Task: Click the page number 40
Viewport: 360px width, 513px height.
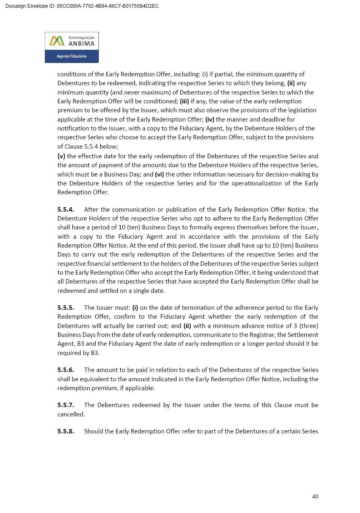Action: pos(315,496)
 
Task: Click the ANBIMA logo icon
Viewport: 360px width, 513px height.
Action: pos(57,41)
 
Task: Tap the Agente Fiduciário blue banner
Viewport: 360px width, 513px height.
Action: pos(71,56)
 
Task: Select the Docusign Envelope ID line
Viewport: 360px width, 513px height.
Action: pos(82,6)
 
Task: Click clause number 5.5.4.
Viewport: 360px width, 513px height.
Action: pos(66,210)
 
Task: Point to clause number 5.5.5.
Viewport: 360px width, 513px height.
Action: pos(66,308)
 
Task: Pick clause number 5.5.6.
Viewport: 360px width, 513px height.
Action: pos(66,370)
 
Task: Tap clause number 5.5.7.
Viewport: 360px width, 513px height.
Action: pos(66,405)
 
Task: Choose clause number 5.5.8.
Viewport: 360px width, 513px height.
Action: pos(66,431)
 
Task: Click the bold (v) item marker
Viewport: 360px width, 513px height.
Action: pos(61,156)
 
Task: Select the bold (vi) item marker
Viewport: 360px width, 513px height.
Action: pos(159,175)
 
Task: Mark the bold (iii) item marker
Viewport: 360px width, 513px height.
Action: pos(184,101)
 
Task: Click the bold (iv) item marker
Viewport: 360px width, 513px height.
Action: pos(210,120)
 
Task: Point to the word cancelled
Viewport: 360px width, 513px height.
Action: pos(71,414)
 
